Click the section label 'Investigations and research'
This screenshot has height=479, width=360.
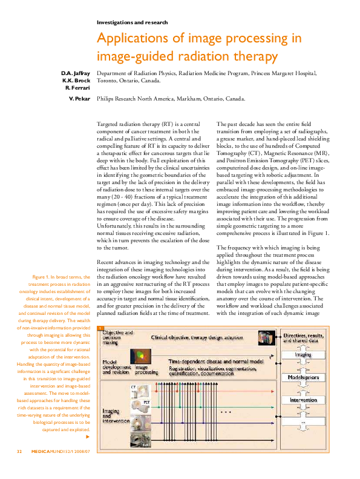tap(132, 22)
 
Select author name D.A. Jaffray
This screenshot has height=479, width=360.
tap(75, 73)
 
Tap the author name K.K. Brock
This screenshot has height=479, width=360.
tap(76, 81)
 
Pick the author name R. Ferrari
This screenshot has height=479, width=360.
tap(77, 88)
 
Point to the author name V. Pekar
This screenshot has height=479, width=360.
tap(79, 98)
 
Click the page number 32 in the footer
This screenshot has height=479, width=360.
tap(19, 468)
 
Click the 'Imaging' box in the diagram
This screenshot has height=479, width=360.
tap(303, 355)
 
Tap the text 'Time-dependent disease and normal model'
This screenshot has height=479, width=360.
tap(212, 360)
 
